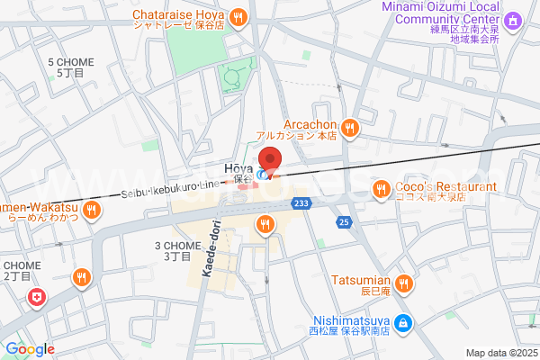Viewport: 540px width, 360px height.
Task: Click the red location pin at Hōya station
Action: pyautogui.click(x=270, y=161)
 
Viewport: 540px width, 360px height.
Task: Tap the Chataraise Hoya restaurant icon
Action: pyautogui.click(x=238, y=15)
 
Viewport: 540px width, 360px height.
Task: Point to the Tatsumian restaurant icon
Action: pyautogui.click(x=404, y=284)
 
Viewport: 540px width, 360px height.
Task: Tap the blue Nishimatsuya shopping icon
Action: pyautogui.click(x=404, y=321)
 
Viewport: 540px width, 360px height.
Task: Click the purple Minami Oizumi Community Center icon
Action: pyautogui.click(x=512, y=20)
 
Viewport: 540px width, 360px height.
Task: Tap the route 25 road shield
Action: pyautogui.click(x=343, y=221)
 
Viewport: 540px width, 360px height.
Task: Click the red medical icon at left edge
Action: pyautogui.click(x=36, y=297)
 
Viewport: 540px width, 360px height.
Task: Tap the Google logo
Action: pyautogui.click(x=30, y=349)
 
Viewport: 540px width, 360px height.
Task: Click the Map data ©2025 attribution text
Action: pyautogui.click(x=500, y=353)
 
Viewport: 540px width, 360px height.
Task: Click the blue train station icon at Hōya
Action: pyautogui.click(x=262, y=174)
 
